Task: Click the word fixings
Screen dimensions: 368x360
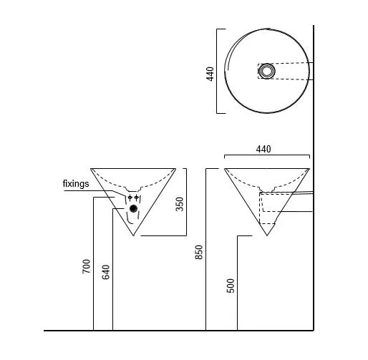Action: (x=76, y=184)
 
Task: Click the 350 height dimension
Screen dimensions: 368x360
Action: (x=180, y=204)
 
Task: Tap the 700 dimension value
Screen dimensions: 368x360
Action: (x=86, y=266)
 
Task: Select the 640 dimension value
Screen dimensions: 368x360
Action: (x=106, y=272)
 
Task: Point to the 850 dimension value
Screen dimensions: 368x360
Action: (x=199, y=252)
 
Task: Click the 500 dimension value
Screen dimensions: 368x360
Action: (x=231, y=286)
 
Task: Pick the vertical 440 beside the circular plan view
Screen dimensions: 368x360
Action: (x=210, y=74)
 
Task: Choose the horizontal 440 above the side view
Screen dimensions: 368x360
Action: (x=263, y=150)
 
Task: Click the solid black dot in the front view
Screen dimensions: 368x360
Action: (x=133, y=208)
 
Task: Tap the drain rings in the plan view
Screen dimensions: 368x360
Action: (x=267, y=71)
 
